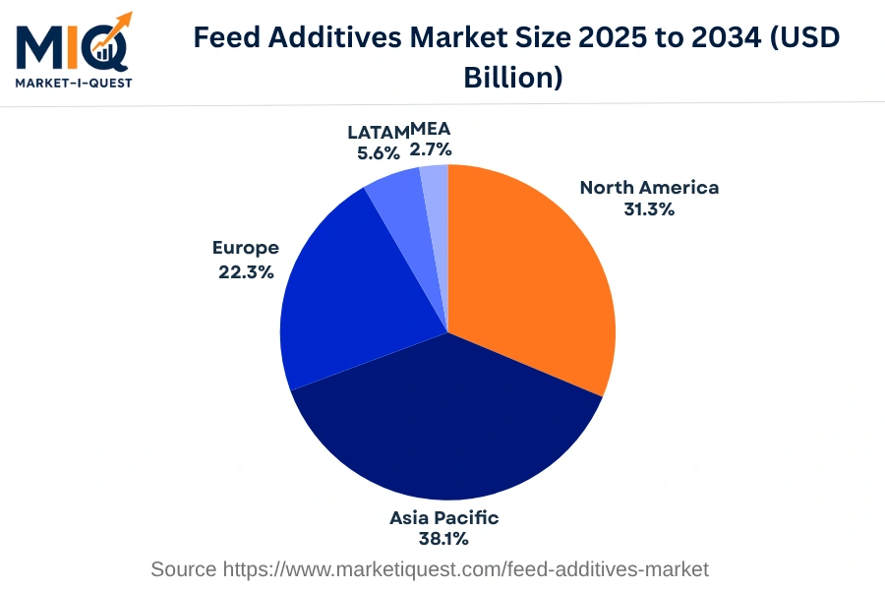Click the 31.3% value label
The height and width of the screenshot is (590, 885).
click(x=649, y=208)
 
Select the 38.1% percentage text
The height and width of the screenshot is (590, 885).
click(x=443, y=539)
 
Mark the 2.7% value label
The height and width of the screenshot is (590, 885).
click(x=431, y=149)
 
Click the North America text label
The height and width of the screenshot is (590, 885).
click(x=649, y=187)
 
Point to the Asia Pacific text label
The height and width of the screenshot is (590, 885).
click(x=443, y=517)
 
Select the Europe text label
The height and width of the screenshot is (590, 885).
click(x=246, y=248)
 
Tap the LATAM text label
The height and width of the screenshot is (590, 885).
click(x=378, y=132)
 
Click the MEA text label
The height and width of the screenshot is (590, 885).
click(x=431, y=129)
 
